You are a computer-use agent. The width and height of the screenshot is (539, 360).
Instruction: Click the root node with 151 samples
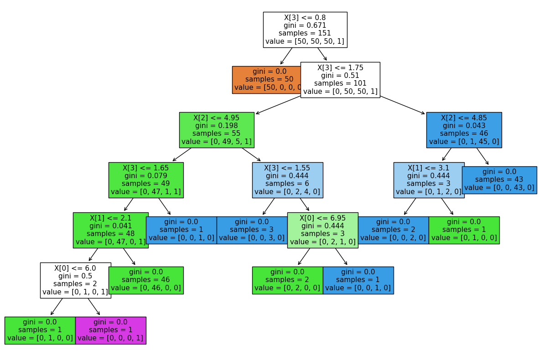pos(305,30)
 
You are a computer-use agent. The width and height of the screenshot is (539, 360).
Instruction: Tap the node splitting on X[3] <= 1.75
pos(340,80)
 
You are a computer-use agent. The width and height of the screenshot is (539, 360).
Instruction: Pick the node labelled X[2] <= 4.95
pos(217,130)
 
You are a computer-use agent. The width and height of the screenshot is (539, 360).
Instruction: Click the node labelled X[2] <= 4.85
pos(464,130)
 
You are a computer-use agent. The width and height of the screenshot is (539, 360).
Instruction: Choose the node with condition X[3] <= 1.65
pos(146,180)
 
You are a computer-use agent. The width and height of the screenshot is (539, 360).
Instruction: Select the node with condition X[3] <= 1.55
pos(287,180)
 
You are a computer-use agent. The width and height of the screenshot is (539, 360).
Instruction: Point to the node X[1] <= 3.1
pos(429,180)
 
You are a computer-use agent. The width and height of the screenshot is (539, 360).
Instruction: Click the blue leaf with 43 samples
pos(499,180)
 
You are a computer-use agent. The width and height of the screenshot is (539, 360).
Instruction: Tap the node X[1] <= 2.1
pos(110,230)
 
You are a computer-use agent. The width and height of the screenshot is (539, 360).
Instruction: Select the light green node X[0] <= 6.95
pos(322,230)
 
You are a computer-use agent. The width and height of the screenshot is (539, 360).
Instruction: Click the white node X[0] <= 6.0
pos(75,280)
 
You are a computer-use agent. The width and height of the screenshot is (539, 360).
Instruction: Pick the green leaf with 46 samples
pos(146,280)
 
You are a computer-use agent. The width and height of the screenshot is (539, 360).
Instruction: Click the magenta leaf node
pos(110,330)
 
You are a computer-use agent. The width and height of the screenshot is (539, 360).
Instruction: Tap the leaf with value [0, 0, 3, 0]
pos(252,230)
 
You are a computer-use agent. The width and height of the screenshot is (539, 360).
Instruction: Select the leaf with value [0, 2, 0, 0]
pos(287,280)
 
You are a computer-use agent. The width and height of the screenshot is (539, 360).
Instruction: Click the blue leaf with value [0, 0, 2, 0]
pos(393,230)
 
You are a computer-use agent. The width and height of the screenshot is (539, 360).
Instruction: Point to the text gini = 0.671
pos(305,26)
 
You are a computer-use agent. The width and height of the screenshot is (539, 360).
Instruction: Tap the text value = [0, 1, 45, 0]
pos(464,142)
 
